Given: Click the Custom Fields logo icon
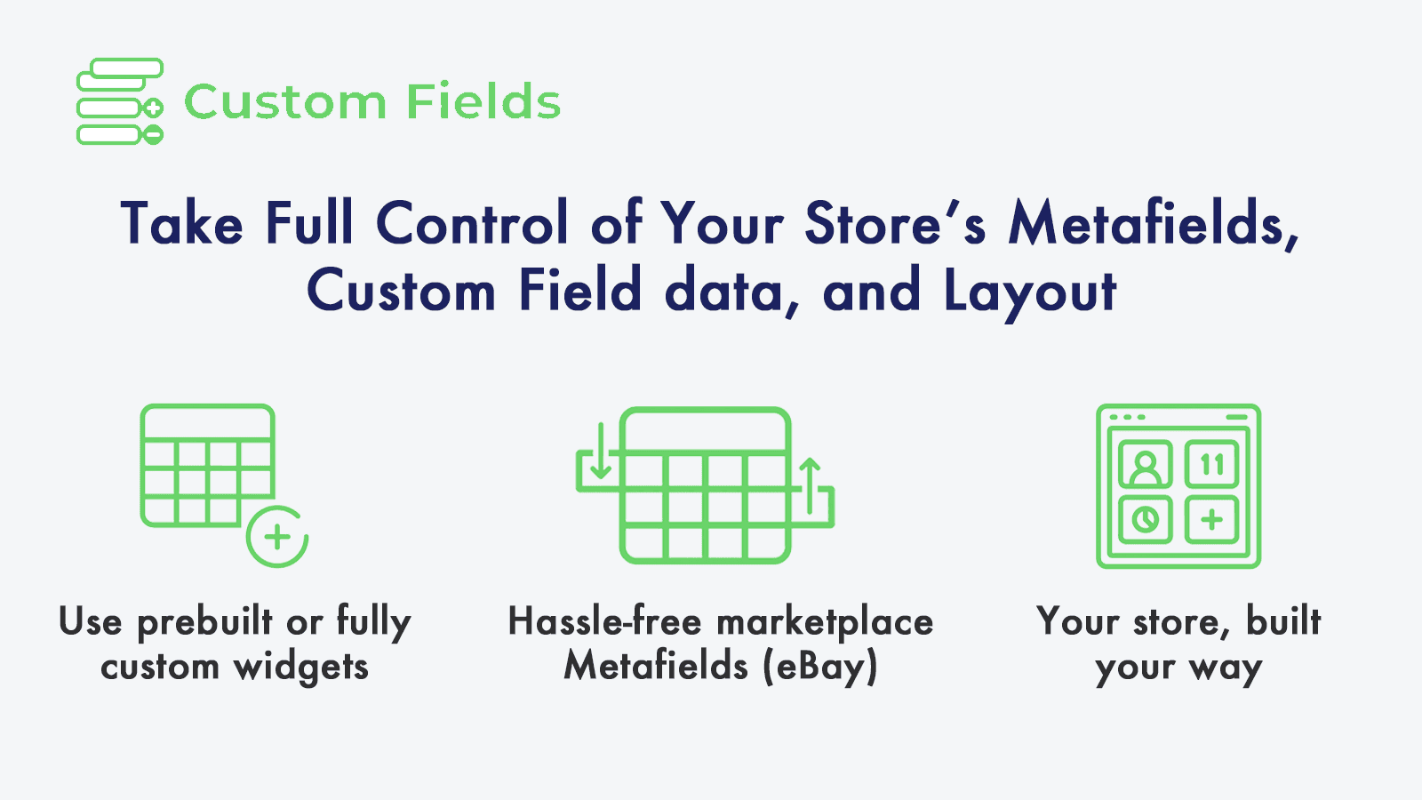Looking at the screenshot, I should pos(119,101).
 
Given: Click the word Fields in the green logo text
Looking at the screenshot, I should pos(483,101).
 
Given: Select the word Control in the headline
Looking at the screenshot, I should pos(472,223).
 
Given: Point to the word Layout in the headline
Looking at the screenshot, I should pos(1029,292).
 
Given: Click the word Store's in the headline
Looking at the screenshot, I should pos(894,223).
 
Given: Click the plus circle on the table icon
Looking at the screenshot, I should pos(277,537).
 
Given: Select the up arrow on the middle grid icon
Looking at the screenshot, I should pos(810,485).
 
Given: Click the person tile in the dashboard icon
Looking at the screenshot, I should pos(1146,464).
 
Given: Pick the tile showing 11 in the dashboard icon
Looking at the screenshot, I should pos(1211,464).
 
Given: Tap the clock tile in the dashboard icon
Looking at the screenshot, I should pos(1146,519).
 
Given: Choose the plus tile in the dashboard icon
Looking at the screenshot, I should pos(1211,519).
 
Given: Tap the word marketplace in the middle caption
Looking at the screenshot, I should pos(825,621).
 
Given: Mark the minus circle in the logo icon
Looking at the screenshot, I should pos(153,135).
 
